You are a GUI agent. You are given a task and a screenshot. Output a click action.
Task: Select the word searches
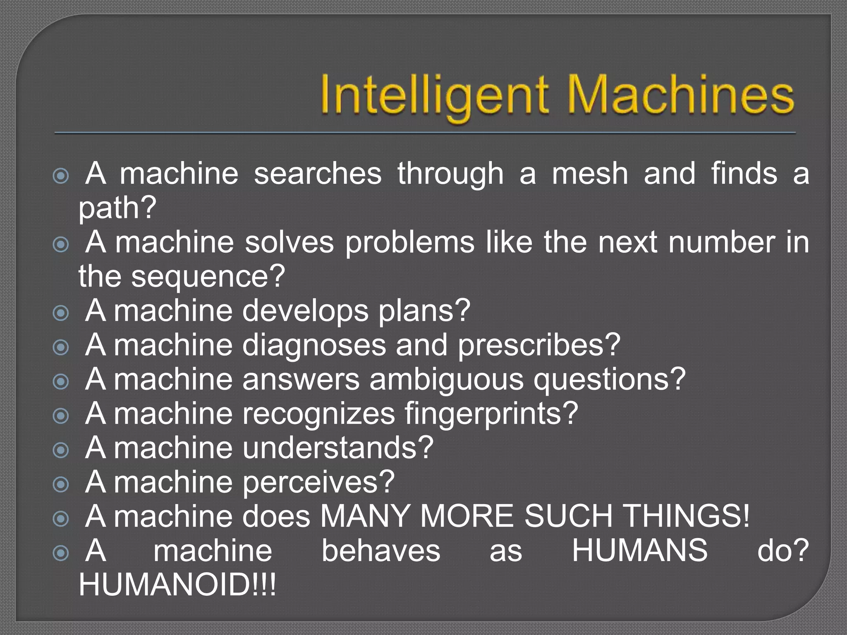pos(318,174)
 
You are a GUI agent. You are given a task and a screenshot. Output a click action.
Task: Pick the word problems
pos(410,243)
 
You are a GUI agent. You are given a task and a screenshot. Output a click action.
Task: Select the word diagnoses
pos(314,345)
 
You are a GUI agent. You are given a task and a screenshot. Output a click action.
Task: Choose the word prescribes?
pos(539,345)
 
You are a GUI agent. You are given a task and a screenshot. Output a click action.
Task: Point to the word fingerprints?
pos(491,414)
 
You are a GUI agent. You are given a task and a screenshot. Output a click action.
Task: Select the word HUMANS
pos(640,551)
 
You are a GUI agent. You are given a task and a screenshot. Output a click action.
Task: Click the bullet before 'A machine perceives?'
pos(61,485)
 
